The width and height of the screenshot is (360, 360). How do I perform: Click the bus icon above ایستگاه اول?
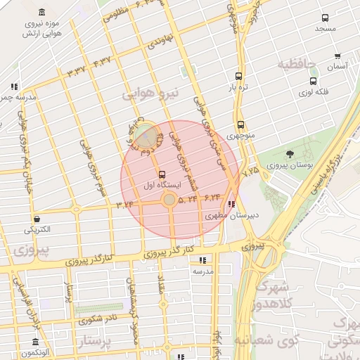coord(163,174)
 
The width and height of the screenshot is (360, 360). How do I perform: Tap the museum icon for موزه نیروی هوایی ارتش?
coord(44,13)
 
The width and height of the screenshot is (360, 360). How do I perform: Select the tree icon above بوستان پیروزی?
coord(290,154)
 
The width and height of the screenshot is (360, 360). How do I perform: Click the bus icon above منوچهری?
coord(240,124)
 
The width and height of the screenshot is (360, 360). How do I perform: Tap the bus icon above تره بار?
coord(239,76)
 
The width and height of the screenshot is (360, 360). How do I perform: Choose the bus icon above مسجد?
coord(325,18)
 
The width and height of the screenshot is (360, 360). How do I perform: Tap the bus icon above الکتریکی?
coord(37,218)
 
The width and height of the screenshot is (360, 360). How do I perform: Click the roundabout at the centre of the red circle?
coord(169,200)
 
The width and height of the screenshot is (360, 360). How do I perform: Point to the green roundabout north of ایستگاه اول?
coord(146,135)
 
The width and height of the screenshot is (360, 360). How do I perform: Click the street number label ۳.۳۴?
coord(124,203)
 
